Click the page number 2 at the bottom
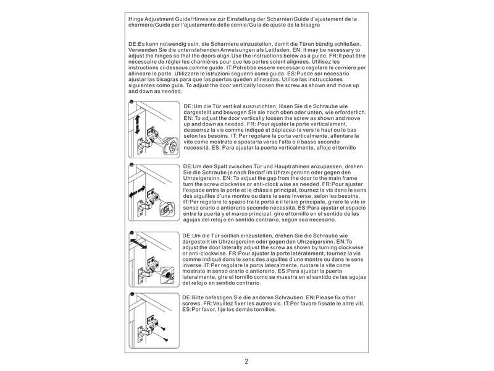coord(246,361)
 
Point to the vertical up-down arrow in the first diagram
coord(137,124)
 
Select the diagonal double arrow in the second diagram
coord(137,192)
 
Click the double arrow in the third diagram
coord(138,244)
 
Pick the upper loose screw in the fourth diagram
coord(163,329)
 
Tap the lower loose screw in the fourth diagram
coord(165,339)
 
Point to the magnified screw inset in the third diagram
coord(167,274)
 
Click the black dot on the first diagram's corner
coord(132,102)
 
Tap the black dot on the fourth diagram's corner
coord(132,294)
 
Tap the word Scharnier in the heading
coord(280,19)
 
